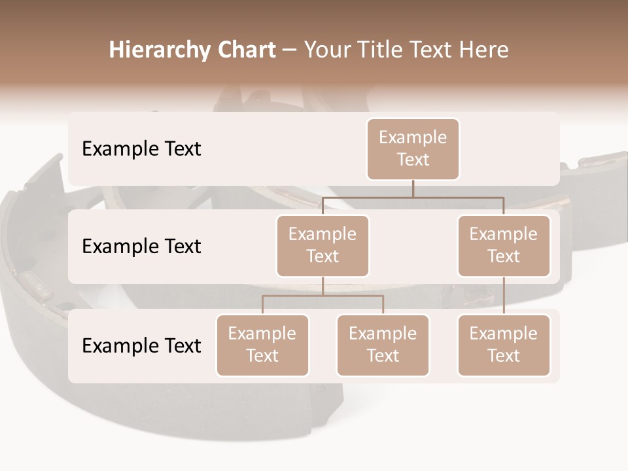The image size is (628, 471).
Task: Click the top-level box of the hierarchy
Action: [x=413, y=148]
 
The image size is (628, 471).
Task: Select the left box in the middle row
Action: [x=323, y=245]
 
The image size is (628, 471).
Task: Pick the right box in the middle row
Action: [x=504, y=245]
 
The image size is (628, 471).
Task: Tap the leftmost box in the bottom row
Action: [x=262, y=345]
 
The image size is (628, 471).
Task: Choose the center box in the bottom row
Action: [x=383, y=345]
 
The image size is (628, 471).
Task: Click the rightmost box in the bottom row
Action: [x=504, y=345]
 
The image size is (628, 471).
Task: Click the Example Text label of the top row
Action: [x=141, y=148]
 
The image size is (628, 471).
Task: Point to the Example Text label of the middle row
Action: [x=141, y=246]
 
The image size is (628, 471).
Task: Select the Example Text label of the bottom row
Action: [x=141, y=345]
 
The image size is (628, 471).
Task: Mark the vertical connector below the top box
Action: [x=413, y=188]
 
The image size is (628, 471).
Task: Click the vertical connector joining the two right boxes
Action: [x=504, y=296]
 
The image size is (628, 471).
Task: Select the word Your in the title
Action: [x=323, y=50]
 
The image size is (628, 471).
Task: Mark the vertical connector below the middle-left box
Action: [x=323, y=286]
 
